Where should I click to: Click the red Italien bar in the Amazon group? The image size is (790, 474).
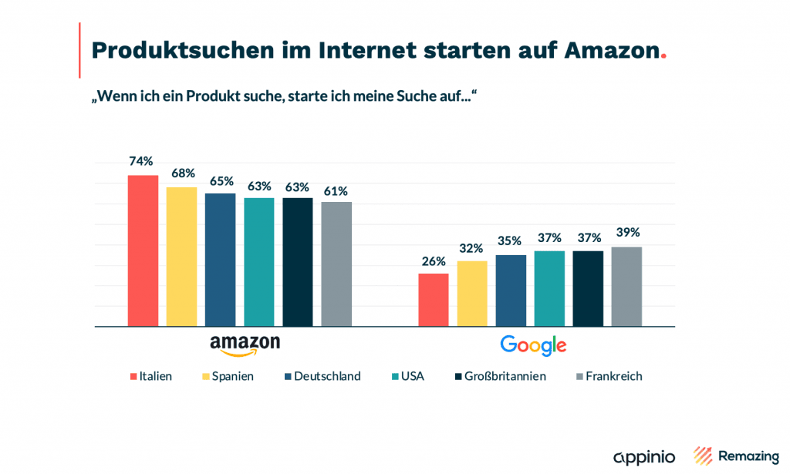click(x=143, y=250)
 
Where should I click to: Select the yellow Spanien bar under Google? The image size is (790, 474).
click(x=472, y=294)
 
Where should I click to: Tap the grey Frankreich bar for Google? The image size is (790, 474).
click(x=626, y=287)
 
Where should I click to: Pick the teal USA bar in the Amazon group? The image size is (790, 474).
click(x=259, y=262)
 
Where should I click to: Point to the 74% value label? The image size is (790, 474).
click(x=141, y=161)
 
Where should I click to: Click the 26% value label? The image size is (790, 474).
click(x=434, y=261)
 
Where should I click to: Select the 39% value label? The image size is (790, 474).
click(x=627, y=232)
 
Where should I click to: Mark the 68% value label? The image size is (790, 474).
click(x=183, y=173)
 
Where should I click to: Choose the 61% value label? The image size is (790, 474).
click(x=336, y=190)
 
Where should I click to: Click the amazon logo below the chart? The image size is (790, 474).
click(x=245, y=345)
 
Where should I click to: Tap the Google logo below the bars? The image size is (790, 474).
click(x=533, y=345)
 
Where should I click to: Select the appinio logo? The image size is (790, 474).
click(x=644, y=456)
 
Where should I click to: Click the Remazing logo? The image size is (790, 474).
click(x=736, y=456)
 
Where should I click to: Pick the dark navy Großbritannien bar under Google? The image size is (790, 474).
click(x=588, y=288)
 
